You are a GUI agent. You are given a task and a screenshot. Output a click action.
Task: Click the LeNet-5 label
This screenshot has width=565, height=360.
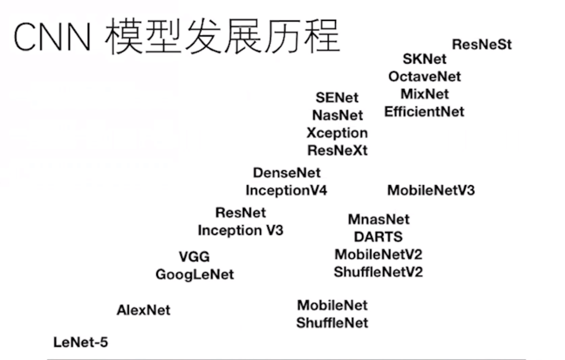coord(81,342)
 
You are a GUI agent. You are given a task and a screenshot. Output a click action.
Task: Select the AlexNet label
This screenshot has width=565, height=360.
coord(143,310)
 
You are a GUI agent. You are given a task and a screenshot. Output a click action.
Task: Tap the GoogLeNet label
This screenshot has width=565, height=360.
coord(195,274)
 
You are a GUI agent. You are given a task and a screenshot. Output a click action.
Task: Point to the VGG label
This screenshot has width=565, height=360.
coord(194,257)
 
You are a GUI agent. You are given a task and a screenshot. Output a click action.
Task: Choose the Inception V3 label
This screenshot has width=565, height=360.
coord(240,230)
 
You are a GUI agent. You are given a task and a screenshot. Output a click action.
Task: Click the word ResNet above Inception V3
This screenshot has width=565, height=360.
coord(241,212)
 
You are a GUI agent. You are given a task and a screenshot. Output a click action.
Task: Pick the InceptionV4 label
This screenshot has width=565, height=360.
coord(286,191)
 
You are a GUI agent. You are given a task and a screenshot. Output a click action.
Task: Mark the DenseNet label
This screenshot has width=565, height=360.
coord(286,173)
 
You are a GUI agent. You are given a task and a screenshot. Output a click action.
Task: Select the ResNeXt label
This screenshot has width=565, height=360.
coord(337,150)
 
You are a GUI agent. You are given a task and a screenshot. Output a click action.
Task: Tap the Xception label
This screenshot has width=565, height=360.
coord(337,133)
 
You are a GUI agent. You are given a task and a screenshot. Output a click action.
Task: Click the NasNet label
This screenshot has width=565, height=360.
coord(337,115)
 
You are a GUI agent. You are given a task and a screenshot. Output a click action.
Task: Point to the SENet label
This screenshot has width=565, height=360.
coord(337,98)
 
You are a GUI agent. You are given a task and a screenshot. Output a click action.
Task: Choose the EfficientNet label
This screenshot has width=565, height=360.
coord(424,112)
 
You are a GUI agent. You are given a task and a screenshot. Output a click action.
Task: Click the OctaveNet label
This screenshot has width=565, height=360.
coord(425,76)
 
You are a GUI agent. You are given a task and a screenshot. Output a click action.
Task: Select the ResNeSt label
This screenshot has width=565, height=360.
coord(482,45)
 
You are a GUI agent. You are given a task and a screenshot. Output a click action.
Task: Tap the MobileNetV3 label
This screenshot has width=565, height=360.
coord(431,190)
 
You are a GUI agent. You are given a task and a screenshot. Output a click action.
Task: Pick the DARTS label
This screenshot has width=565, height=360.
coord(378,237)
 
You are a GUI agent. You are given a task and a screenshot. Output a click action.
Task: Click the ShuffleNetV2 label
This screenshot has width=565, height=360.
coord(378,272)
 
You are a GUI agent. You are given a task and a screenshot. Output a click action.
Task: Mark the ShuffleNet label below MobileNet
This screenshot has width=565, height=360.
coord(332,323)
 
